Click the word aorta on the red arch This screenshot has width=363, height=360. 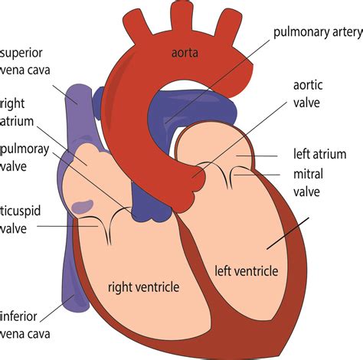pos(185,52)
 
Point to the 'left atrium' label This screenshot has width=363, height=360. pos(320,154)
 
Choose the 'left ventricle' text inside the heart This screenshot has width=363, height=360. pos(247,270)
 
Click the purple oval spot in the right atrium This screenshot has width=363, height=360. pos(83,207)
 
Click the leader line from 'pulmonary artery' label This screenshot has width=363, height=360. pos(222,76)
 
